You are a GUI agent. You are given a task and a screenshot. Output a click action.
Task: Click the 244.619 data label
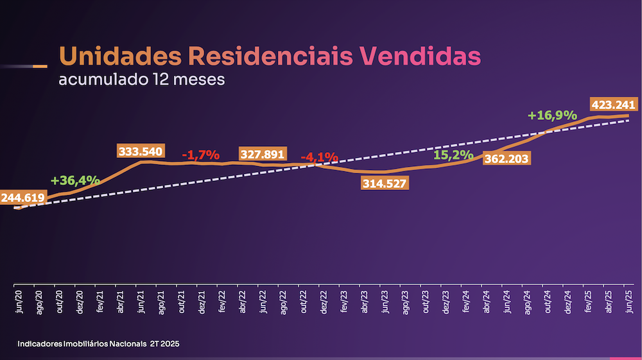coord(22,198)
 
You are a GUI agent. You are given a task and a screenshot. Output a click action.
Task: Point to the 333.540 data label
coord(141,152)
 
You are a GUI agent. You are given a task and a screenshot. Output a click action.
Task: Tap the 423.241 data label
coord(613,105)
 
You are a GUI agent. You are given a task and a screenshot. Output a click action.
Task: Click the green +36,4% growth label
coord(74,180)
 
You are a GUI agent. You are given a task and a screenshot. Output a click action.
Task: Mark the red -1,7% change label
coord(200,155)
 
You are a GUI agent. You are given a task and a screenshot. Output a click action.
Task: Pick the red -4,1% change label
coord(319,157)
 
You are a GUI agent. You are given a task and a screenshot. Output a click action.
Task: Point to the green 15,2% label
coord(453,155)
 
